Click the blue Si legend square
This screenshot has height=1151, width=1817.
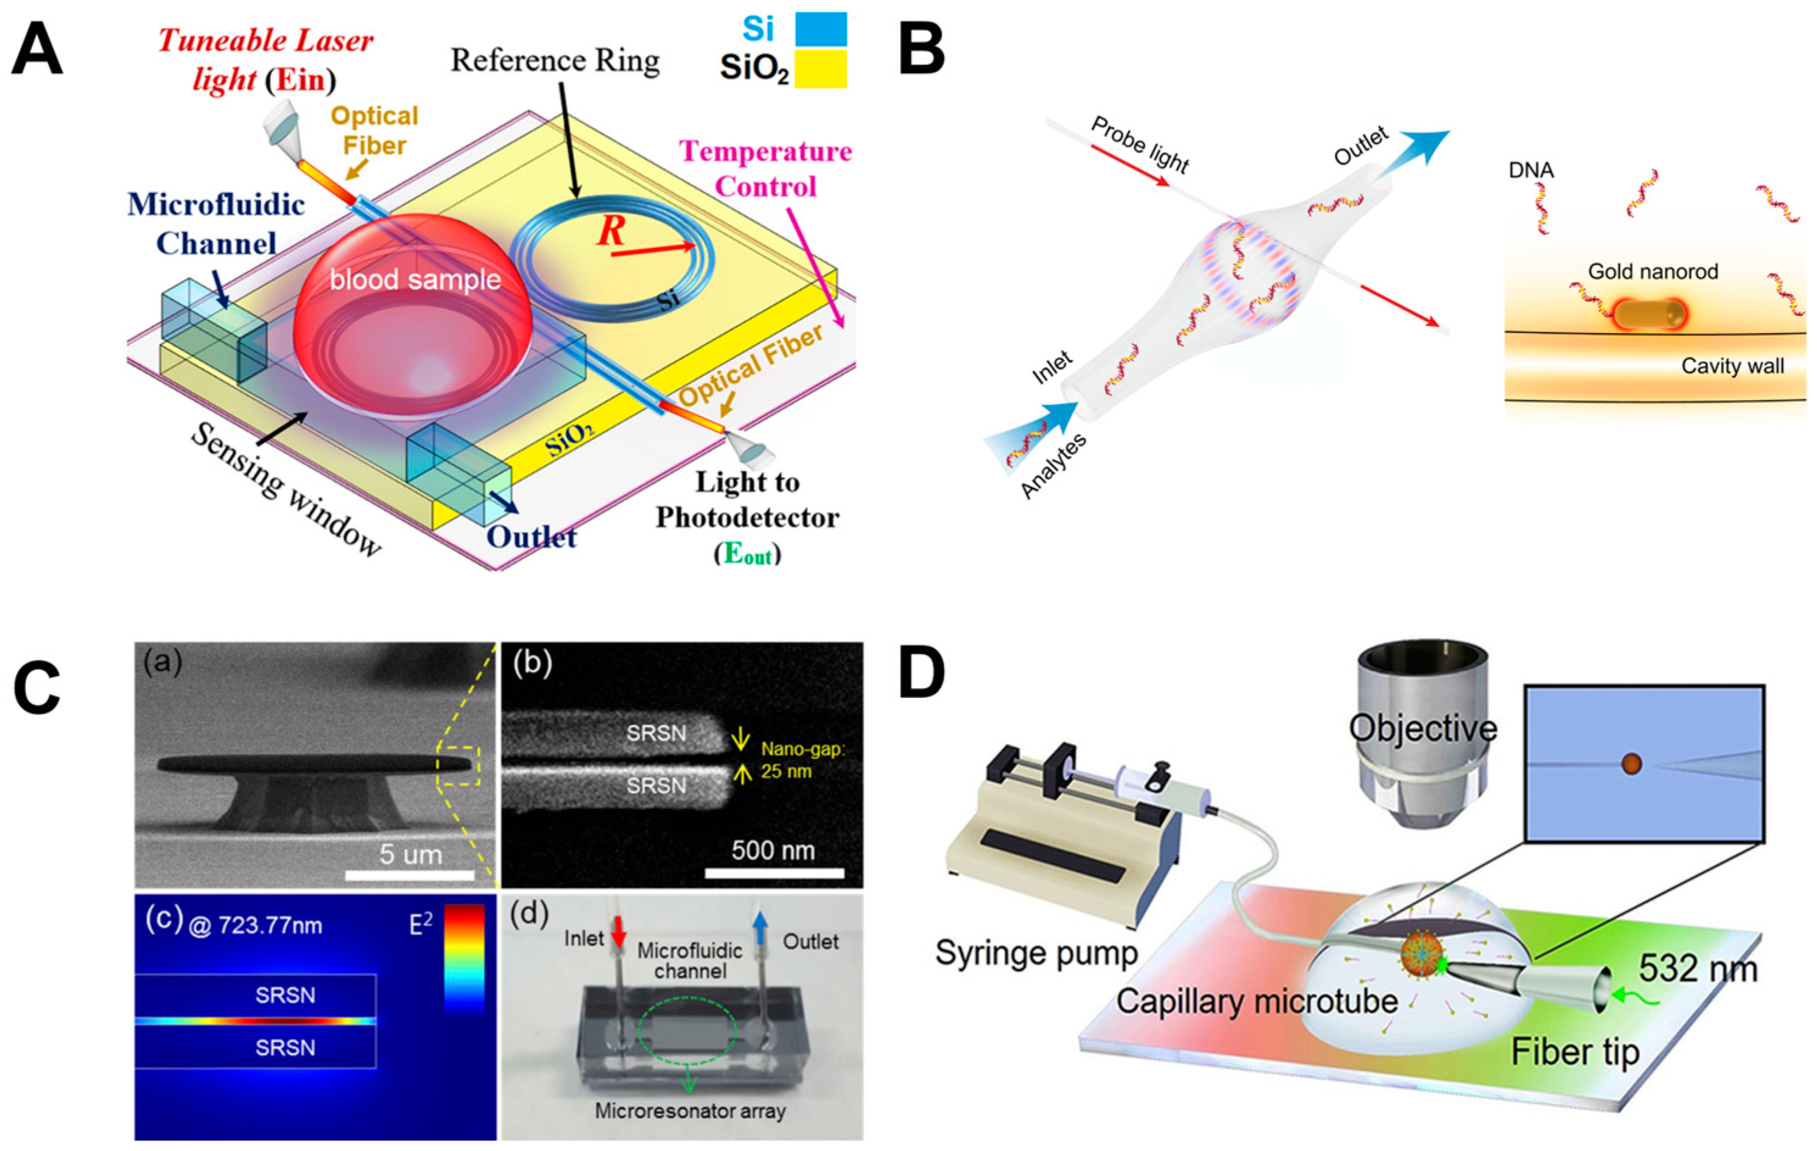pyautogui.click(x=821, y=29)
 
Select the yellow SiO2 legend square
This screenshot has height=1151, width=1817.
pyautogui.click(x=821, y=69)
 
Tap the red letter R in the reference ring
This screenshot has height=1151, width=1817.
pyautogui.click(x=611, y=231)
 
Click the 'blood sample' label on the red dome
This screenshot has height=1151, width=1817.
pyautogui.click(x=415, y=280)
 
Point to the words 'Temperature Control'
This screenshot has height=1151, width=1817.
pyautogui.click(x=766, y=168)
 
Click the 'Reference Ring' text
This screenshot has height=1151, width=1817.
pyautogui.click(x=555, y=60)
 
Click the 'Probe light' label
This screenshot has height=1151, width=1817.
pyautogui.click(x=1139, y=145)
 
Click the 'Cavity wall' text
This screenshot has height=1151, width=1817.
pyautogui.click(x=1732, y=366)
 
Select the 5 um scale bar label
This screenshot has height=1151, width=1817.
pyautogui.click(x=410, y=854)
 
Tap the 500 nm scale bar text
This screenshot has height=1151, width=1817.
pyautogui.click(x=773, y=851)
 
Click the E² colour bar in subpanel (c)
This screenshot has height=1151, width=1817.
pyautogui.click(x=463, y=958)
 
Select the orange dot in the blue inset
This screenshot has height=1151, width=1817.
pyautogui.click(x=1631, y=763)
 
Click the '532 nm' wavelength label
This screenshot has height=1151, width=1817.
pyautogui.click(x=1698, y=968)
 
